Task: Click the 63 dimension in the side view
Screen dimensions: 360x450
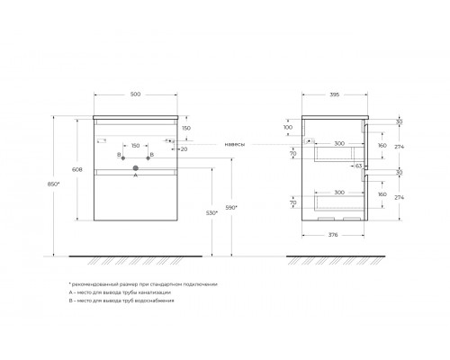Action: tap(358, 166)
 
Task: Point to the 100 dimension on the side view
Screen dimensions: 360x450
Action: tap(289, 127)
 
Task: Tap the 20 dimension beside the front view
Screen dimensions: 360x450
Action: tap(184, 149)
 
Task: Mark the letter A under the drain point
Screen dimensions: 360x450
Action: tap(135, 176)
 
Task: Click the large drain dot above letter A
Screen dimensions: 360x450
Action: tap(135, 167)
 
